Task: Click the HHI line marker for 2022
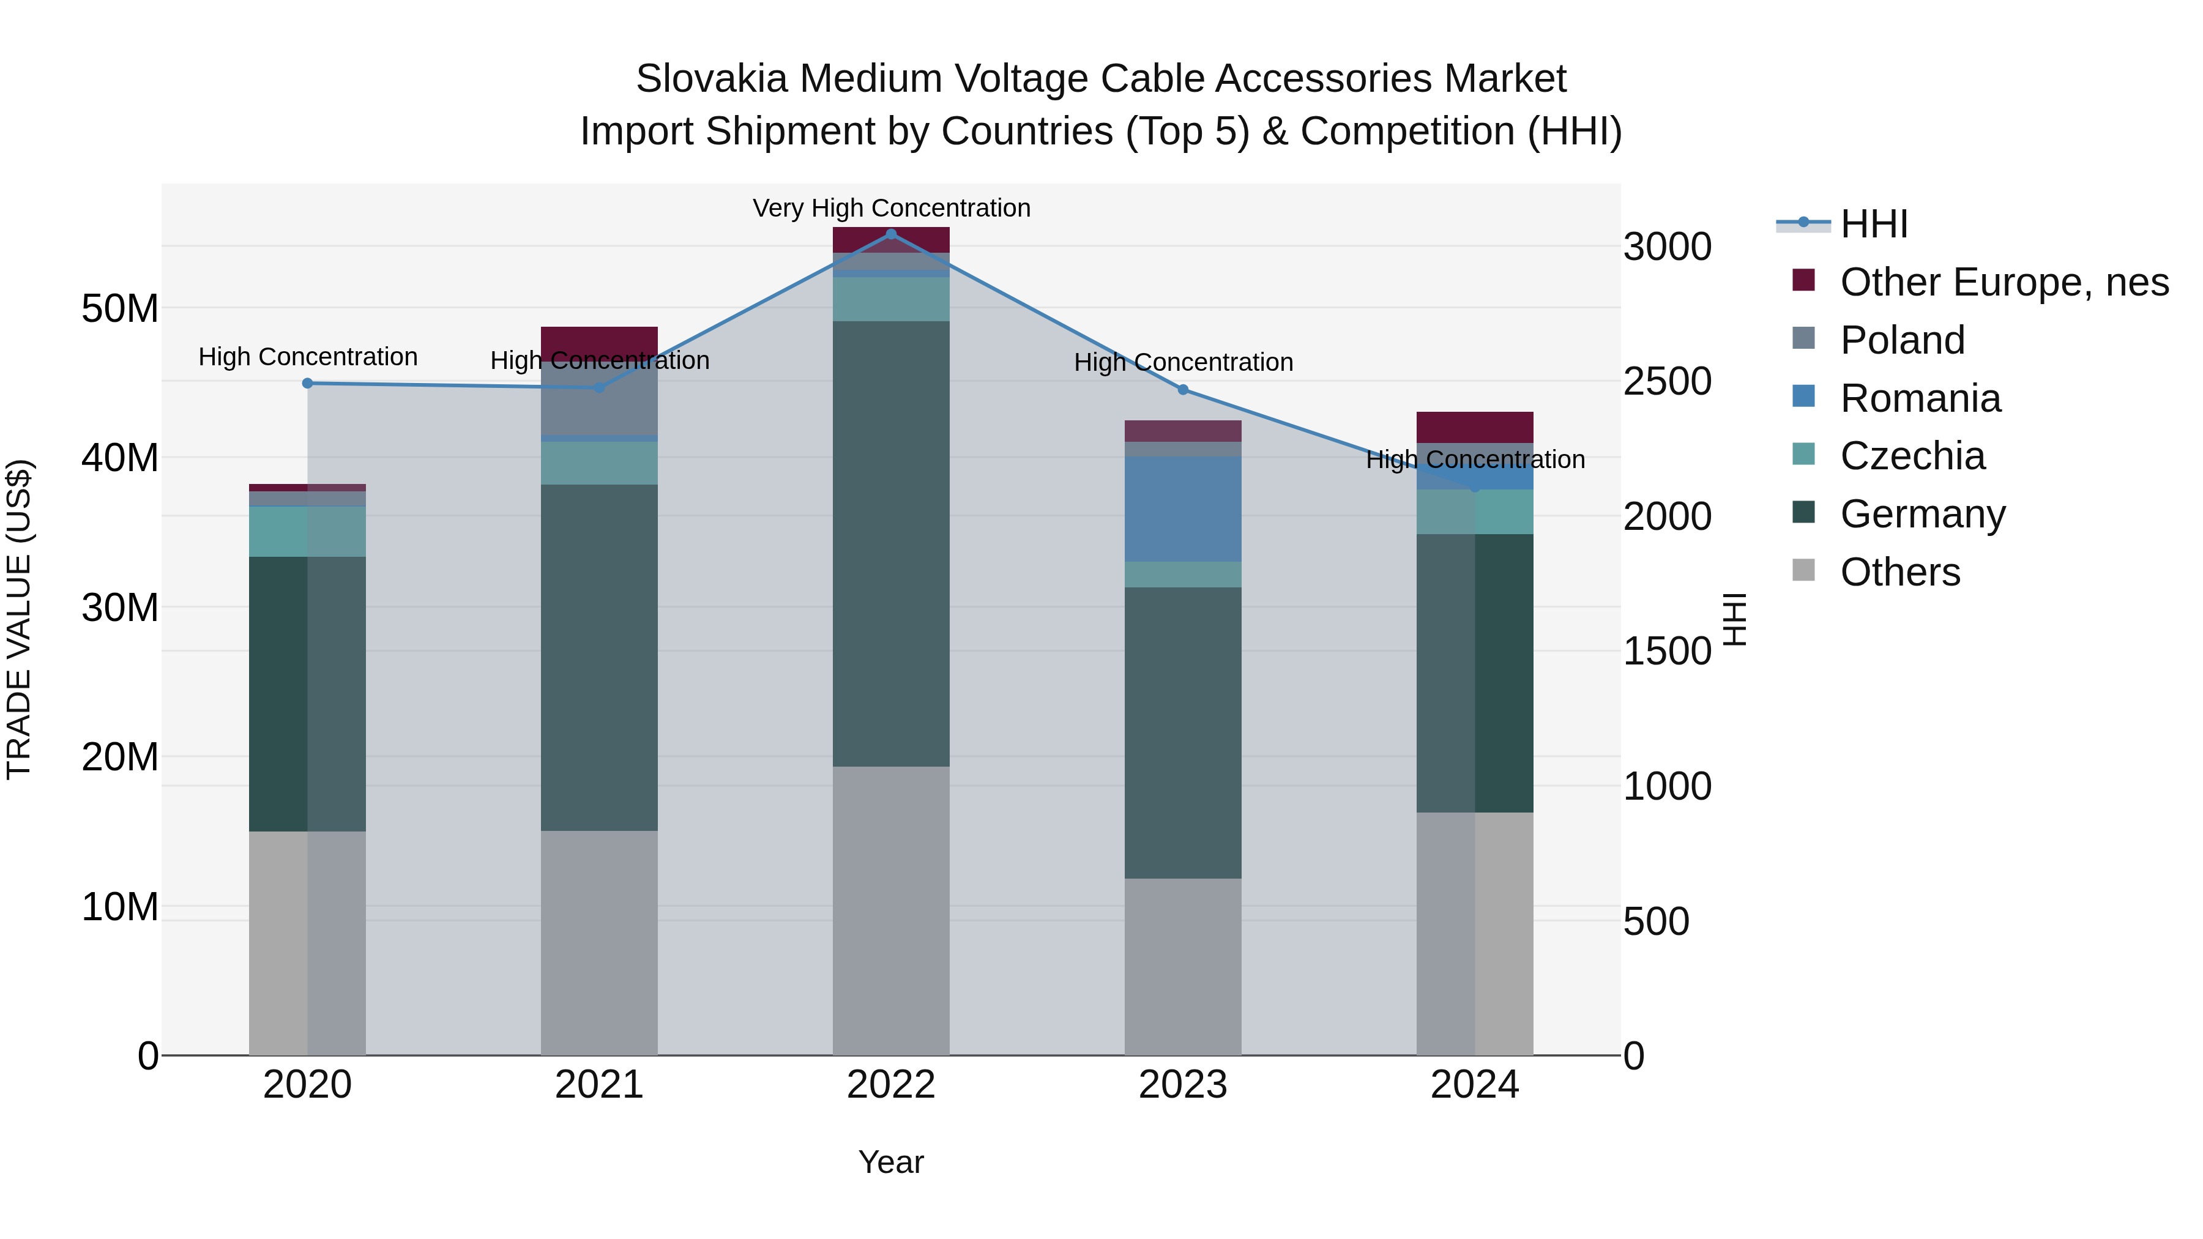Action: [891, 234]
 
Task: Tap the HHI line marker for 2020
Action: [308, 383]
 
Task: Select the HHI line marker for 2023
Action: [1183, 390]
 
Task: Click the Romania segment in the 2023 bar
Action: [1183, 509]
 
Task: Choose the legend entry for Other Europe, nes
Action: [2003, 282]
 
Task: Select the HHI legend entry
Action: [1873, 224]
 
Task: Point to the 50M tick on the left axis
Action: [120, 309]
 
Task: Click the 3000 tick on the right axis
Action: [1667, 247]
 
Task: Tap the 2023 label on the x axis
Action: [1183, 1085]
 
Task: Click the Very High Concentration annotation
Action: [891, 208]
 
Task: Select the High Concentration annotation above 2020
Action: [308, 357]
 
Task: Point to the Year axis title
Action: [891, 1162]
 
